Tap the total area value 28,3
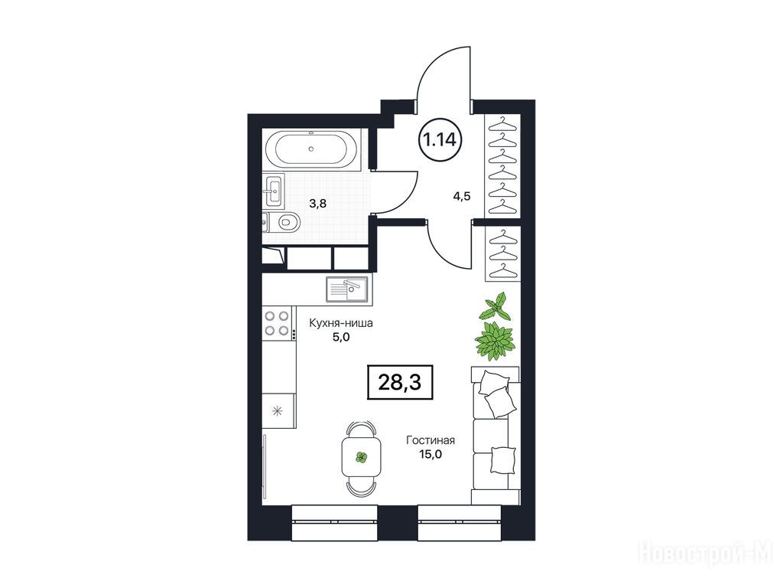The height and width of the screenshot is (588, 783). [x=399, y=383]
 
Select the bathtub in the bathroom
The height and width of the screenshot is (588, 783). [x=311, y=149]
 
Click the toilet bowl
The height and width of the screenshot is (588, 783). [x=286, y=221]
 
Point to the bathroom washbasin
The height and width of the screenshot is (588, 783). [x=274, y=191]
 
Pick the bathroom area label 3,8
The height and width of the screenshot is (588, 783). [x=317, y=204]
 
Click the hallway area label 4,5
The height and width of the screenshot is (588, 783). [x=461, y=196]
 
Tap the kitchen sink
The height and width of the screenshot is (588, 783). [x=347, y=289]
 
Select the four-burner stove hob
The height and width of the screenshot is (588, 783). [x=277, y=323]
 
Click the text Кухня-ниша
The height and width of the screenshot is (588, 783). [x=341, y=323]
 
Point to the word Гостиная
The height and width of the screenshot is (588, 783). [x=430, y=440]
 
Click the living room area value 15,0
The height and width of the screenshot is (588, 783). [x=430, y=454]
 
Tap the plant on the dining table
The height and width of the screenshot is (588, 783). [x=361, y=457]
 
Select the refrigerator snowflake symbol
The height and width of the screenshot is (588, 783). [x=277, y=411]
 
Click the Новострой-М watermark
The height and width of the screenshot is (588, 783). [x=709, y=553]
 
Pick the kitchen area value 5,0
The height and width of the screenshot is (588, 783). [x=341, y=337]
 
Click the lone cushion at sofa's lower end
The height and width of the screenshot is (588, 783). [x=503, y=459]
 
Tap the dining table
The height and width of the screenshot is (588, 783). [x=361, y=458]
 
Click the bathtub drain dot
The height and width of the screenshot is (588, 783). [x=311, y=149]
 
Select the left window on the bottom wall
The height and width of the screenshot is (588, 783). [x=333, y=522]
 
